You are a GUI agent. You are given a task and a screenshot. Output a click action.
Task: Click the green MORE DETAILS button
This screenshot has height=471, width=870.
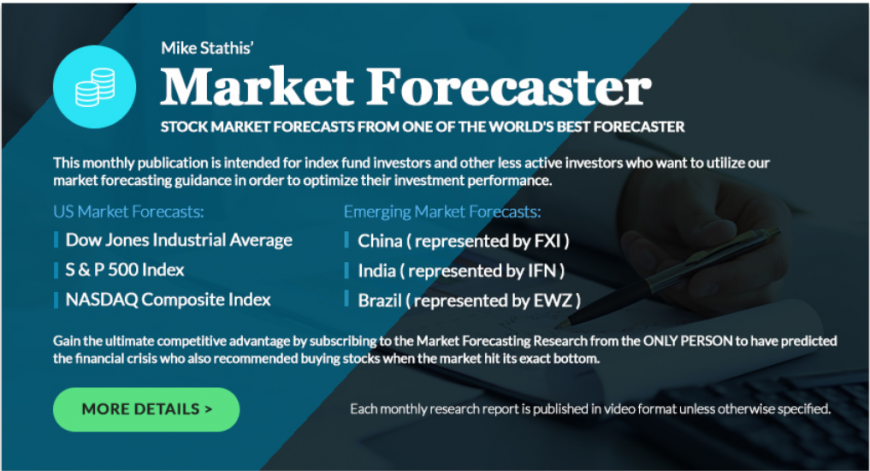pyautogui.click(x=146, y=409)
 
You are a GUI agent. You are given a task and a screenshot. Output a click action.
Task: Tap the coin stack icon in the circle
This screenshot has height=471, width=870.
pyautogui.click(x=95, y=87)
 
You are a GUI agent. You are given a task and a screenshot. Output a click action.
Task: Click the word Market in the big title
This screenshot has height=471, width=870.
pyautogui.click(x=257, y=87)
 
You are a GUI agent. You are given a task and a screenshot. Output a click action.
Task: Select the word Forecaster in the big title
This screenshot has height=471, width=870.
pyautogui.click(x=509, y=87)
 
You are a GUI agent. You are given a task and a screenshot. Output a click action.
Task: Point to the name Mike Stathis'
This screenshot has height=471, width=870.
pyautogui.click(x=207, y=48)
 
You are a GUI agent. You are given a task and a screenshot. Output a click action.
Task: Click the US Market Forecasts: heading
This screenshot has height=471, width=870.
pyautogui.click(x=129, y=211)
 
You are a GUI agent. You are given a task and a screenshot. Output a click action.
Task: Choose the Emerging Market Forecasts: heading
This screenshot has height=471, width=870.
pyautogui.click(x=442, y=212)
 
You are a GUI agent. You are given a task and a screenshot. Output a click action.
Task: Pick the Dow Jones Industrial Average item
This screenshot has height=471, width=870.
pyautogui.click(x=179, y=240)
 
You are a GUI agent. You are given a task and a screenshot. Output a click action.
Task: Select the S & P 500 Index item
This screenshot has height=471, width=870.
pyautogui.click(x=125, y=270)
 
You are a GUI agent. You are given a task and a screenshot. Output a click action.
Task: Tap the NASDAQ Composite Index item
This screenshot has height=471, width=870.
pyautogui.click(x=168, y=300)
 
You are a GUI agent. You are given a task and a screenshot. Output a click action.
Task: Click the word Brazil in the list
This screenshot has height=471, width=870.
pyautogui.click(x=380, y=301)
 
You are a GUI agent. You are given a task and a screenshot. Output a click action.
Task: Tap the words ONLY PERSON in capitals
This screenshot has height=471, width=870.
pyautogui.click(x=688, y=341)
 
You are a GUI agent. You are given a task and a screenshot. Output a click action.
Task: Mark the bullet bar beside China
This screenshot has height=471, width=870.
pyautogui.click(x=346, y=240)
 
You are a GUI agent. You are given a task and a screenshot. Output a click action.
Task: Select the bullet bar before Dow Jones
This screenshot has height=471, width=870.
pyautogui.click(x=56, y=240)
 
